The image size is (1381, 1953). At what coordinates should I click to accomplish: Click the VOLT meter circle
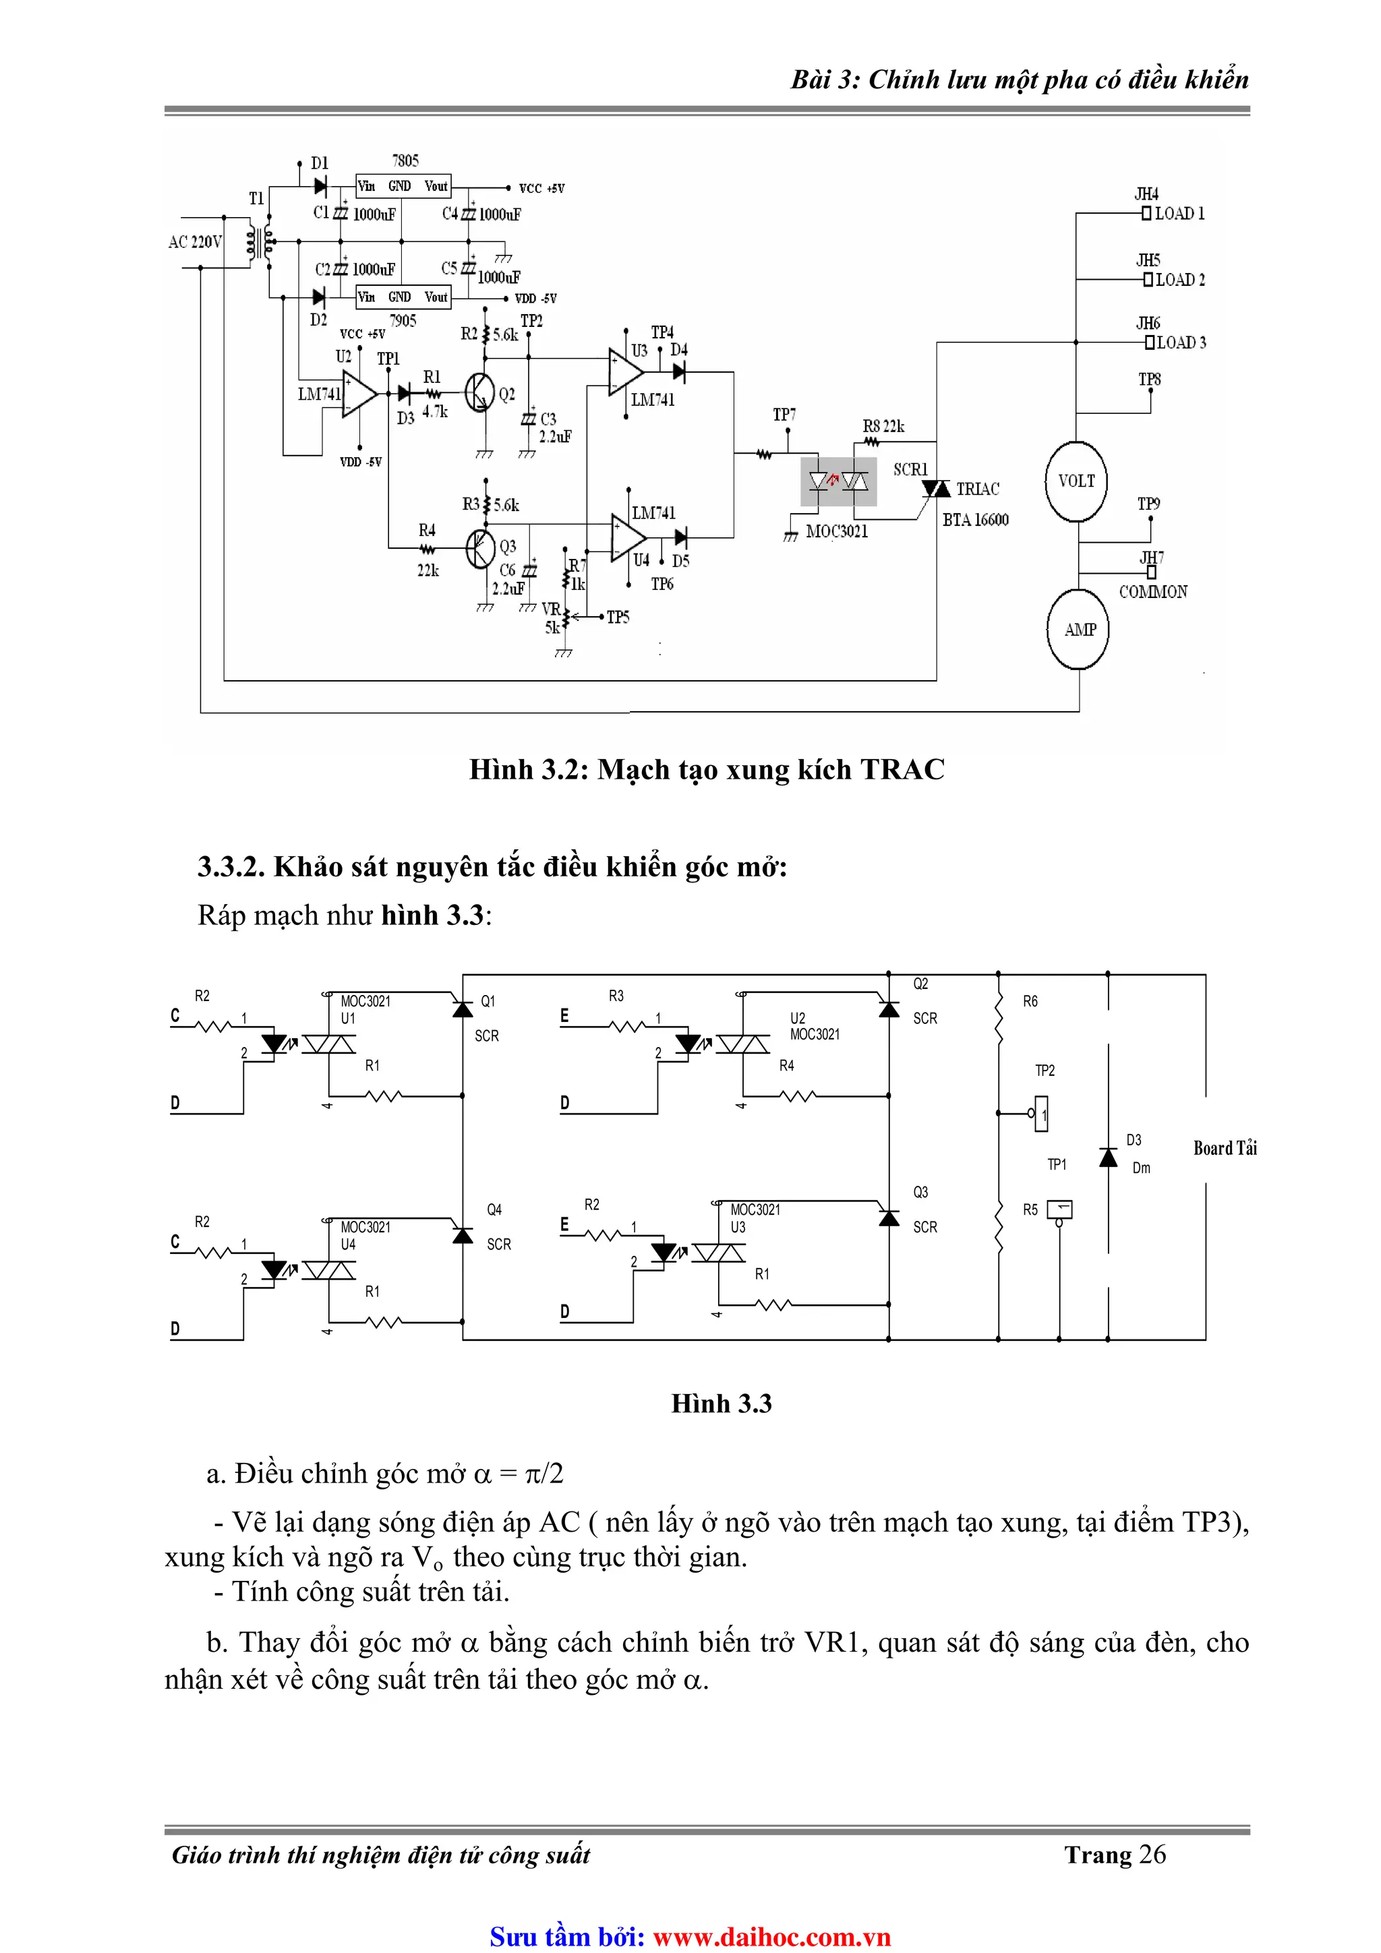(1076, 481)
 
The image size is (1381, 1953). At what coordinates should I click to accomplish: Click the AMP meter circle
(1079, 630)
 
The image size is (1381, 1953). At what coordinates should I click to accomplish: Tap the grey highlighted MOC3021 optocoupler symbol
(838, 481)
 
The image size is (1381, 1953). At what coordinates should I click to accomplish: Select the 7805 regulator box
(403, 186)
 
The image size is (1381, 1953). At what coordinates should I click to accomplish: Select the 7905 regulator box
(403, 297)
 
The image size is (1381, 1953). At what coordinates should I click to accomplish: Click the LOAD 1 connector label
(1179, 214)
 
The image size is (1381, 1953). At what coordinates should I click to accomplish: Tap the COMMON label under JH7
(1153, 592)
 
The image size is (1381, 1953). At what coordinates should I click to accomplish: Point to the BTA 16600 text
(975, 520)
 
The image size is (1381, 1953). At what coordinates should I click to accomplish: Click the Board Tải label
(1225, 1148)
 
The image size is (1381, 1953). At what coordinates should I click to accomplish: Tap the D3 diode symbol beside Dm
(1108, 1157)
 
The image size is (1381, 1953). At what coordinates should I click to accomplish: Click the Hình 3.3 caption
(721, 1404)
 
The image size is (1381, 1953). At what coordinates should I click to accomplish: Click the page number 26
(1152, 1855)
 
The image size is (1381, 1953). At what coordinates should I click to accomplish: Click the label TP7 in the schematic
(784, 414)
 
